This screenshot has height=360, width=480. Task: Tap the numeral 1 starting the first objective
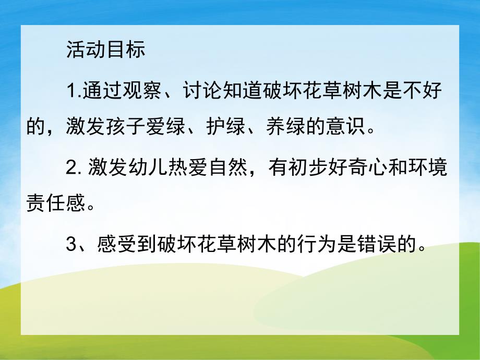click(x=71, y=94)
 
